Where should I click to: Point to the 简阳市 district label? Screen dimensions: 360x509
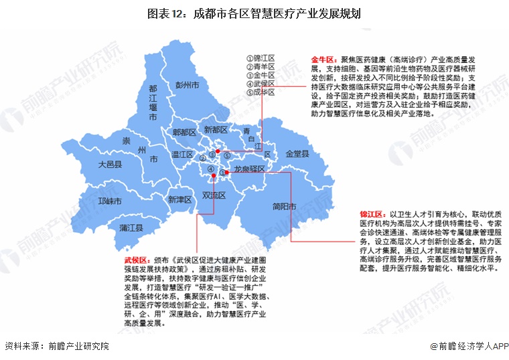point(285,207)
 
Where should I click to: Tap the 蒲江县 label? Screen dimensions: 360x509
point(131,228)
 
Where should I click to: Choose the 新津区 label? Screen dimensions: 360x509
point(179,199)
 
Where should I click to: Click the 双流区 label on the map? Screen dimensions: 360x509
point(214,195)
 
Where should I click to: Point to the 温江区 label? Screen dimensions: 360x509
point(182,155)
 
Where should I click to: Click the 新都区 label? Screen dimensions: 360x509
point(216,128)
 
